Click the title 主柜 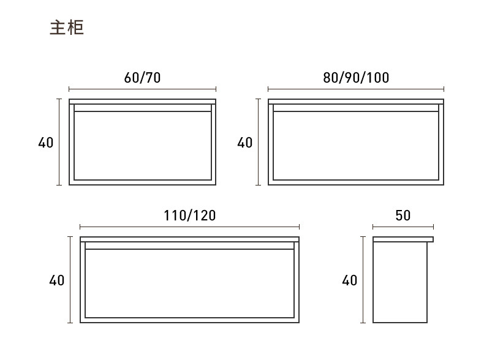click(x=66, y=28)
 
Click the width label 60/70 click(x=142, y=78)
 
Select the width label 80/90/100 click(x=355, y=78)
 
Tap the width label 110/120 click(x=190, y=216)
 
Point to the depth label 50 click(x=403, y=216)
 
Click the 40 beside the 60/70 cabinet click(x=46, y=143)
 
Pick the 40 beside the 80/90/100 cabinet click(x=245, y=143)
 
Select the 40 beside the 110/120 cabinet click(x=57, y=280)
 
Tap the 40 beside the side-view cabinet click(x=349, y=280)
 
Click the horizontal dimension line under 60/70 click(x=142, y=89)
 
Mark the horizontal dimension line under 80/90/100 click(x=355, y=89)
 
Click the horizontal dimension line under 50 click(x=403, y=227)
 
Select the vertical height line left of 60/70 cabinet click(x=59, y=142)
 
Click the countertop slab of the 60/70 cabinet click(x=142, y=101)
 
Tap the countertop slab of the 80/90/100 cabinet click(x=355, y=101)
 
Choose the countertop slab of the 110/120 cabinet click(x=190, y=239)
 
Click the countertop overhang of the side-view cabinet click(x=430, y=239)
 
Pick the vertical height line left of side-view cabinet click(x=363, y=280)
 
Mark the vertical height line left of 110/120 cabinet click(x=70, y=280)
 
